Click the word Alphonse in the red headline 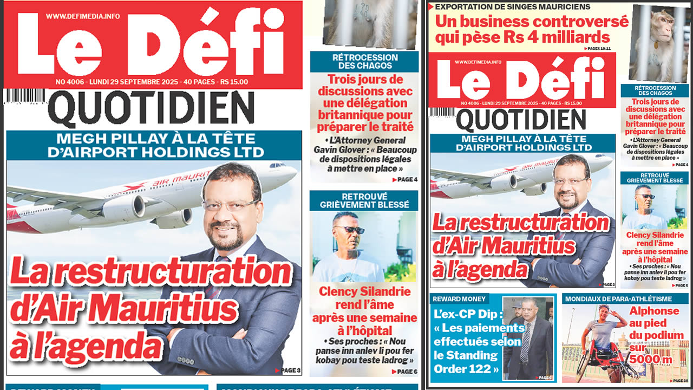[653, 311]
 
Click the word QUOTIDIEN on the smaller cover [520, 120]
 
